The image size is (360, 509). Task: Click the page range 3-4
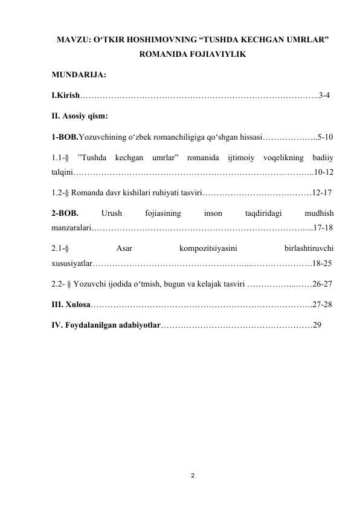324,95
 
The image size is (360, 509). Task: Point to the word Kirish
66,95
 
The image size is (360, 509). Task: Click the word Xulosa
78,303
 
